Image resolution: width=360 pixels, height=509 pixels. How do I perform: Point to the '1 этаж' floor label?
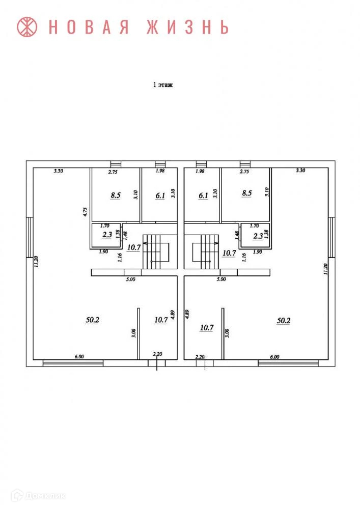[x=163, y=86]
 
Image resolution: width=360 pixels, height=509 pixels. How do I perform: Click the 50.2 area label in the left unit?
[x=92, y=320]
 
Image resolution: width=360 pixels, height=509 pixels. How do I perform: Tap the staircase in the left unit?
[x=159, y=251]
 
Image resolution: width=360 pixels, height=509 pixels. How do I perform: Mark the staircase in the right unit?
[x=204, y=251]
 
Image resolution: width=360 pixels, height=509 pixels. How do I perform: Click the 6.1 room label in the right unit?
[x=203, y=194]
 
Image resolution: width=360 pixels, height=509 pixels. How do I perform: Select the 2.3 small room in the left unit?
[x=107, y=235]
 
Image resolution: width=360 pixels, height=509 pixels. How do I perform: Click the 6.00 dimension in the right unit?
[x=274, y=357]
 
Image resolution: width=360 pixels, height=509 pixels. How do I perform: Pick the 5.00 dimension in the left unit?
[x=130, y=279]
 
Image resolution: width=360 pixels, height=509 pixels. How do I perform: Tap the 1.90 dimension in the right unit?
[x=257, y=251]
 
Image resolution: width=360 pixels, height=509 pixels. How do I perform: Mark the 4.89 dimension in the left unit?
[x=173, y=315]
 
